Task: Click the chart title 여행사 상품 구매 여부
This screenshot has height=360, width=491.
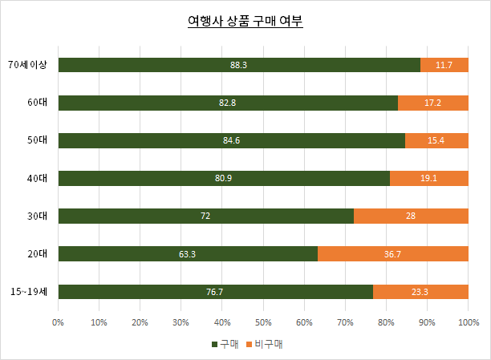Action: point(245,22)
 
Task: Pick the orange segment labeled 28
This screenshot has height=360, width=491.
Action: point(411,216)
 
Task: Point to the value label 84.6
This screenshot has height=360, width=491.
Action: point(232,141)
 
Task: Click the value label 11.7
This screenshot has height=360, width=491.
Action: point(444,65)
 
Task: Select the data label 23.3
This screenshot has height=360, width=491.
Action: point(420,292)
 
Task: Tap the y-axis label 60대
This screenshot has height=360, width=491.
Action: point(37,103)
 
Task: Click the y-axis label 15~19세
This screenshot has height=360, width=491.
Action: point(29,292)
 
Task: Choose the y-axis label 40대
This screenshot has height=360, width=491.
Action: point(37,179)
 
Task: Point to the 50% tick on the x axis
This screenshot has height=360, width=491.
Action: point(263,322)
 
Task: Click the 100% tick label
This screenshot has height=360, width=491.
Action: point(469,322)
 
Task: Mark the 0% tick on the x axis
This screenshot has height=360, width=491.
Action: point(58,322)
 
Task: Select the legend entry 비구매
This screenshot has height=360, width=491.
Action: point(267,344)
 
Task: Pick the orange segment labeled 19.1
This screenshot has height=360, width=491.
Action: point(428,179)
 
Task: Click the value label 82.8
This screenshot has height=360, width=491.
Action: point(228,103)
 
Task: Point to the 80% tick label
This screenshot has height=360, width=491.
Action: point(386,322)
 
